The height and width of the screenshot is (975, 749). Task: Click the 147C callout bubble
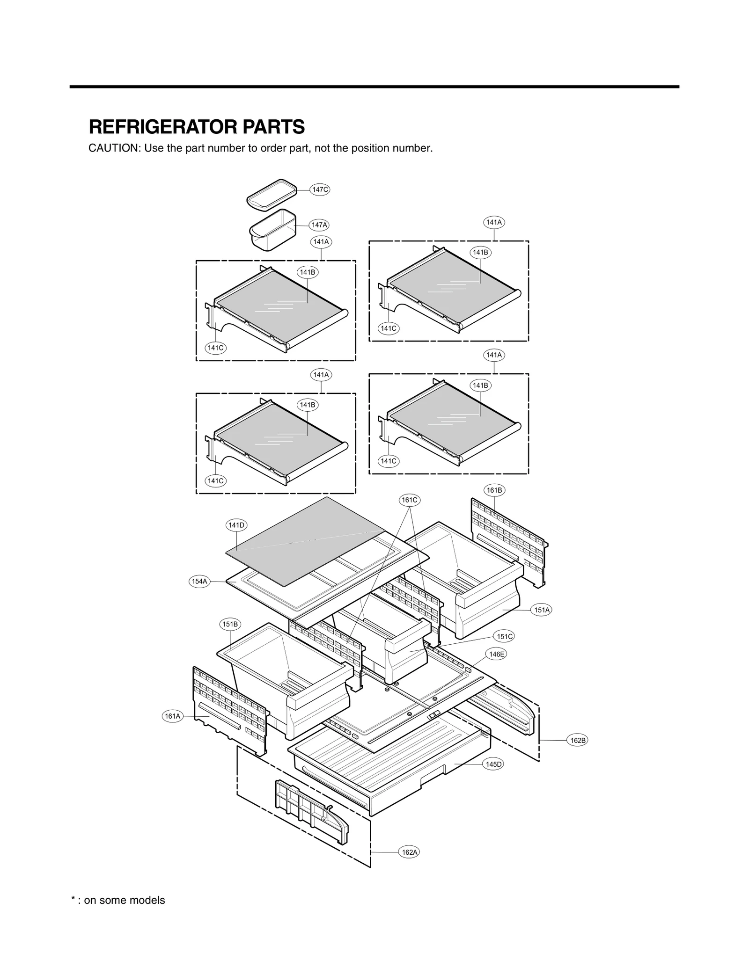tap(320, 189)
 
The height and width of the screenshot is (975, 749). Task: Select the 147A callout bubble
tap(319, 225)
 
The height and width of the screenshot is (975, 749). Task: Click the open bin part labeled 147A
tap(272, 231)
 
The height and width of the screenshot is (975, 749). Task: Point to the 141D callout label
tap(236, 525)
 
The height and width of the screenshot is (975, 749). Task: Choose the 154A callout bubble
tap(199, 581)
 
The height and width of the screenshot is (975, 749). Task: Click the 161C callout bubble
tap(409, 500)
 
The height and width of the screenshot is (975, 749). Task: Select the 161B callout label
tap(494, 490)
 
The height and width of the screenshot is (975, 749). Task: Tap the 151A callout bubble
tap(542, 610)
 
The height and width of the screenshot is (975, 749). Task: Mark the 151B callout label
tap(230, 624)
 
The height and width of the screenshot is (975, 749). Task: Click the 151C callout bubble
tap(505, 636)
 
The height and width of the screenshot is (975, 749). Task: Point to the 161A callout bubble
tap(172, 716)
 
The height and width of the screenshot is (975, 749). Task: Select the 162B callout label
tap(577, 740)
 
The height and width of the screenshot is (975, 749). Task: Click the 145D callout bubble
tap(493, 764)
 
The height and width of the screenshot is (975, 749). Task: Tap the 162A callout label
tap(409, 852)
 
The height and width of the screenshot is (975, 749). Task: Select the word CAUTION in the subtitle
tap(114, 148)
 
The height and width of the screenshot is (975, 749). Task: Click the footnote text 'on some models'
tap(125, 900)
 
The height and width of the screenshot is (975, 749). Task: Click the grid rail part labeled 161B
tap(510, 538)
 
